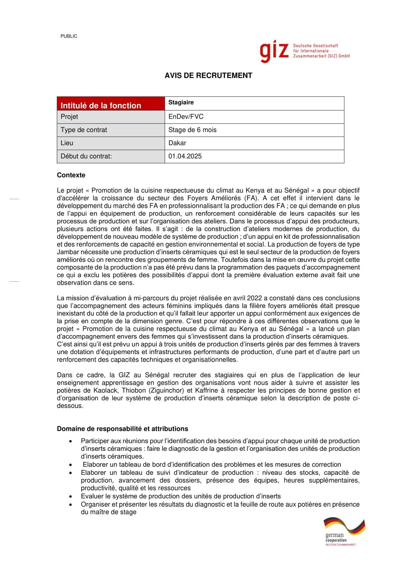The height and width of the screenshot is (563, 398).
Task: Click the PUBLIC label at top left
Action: click(x=69, y=36)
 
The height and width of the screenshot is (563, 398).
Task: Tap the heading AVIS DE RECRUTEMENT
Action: click(x=208, y=75)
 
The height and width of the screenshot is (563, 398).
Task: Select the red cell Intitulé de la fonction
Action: click(x=101, y=106)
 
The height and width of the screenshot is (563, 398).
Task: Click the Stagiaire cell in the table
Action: click(x=181, y=103)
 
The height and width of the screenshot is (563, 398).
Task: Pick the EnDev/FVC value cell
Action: click(x=186, y=117)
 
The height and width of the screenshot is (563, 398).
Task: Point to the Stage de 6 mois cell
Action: click(x=192, y=130)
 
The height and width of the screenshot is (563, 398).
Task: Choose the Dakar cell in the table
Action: click(x=177, y=143)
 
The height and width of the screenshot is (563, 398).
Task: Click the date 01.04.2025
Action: click(x=185, y=156)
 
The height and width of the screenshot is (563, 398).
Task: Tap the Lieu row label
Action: click(x=67, y=143)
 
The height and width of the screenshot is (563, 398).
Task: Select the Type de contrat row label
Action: click(x=84, y=130)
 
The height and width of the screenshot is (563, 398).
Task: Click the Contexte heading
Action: click(x=71, y=175)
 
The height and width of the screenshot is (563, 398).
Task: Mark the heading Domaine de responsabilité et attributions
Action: click(x=122, y=429)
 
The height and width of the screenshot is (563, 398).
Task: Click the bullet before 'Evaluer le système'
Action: click(x=71, y=496)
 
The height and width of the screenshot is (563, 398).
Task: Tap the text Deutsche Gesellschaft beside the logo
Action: click(x=315, y=46)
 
